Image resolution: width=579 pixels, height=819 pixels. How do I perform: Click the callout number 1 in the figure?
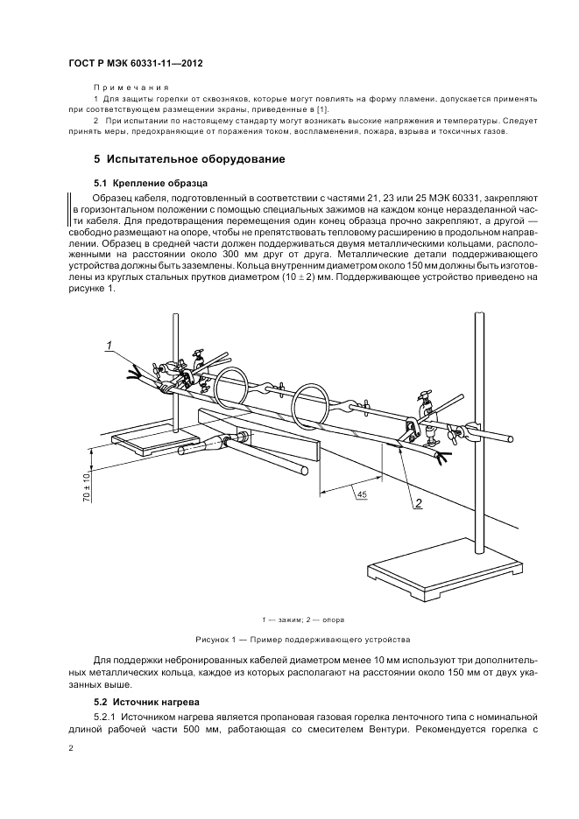[x=109, y=346]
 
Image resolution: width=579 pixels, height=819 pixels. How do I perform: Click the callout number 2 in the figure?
[x=419, y=503]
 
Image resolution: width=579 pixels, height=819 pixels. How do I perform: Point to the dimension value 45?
[x=362, y=495]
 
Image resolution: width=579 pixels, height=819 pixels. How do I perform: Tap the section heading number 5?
[x=97, y=160]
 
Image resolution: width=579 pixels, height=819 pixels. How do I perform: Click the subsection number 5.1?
[x=101, y=184]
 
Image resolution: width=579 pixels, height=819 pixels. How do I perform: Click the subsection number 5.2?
[x=101, y=702]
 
